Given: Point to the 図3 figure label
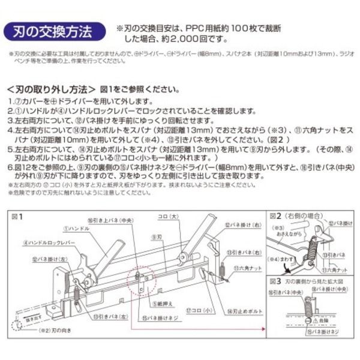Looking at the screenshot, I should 275,280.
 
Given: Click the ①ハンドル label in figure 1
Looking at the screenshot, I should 77,229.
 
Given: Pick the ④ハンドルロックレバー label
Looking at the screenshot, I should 49,243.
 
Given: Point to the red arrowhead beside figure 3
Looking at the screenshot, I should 263,329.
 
